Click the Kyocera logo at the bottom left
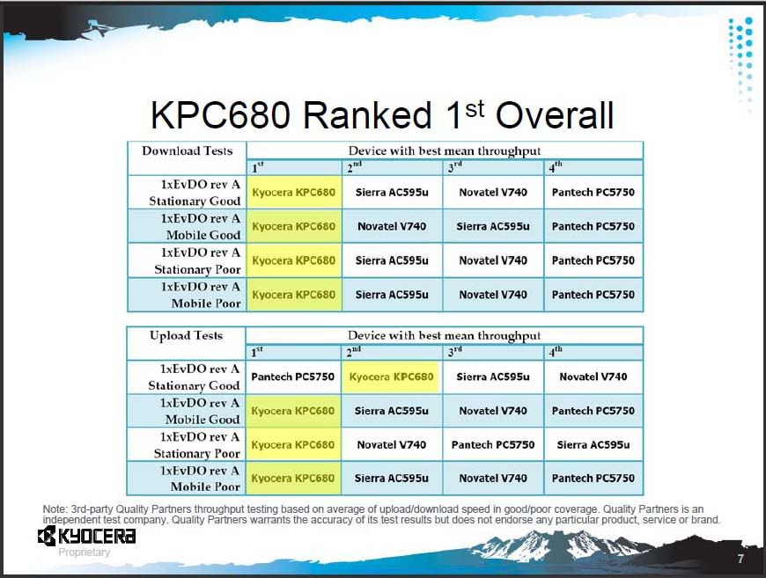tap(86, 536)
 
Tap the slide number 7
tap(740, 559)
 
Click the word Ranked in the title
tap(367, 115)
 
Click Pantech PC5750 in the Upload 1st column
tap(292, 377)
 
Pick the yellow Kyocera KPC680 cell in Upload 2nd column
tap(391, 377)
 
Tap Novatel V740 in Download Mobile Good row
tap(392, 226)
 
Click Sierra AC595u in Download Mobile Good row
tap(493, 226)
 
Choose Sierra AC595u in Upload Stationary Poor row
tap(593, 445)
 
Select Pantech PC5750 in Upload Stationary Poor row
tap(493, 445)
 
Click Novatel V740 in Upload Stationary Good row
tap(593, 377)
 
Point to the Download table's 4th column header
tap(555, 167)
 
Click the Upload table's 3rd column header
tap(455, 352)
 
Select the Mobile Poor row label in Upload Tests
tap(200, 479)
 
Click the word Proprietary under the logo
tap(84, 552)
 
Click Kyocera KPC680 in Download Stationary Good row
tap(293, 193)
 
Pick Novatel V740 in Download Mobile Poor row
tap(493, 295)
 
